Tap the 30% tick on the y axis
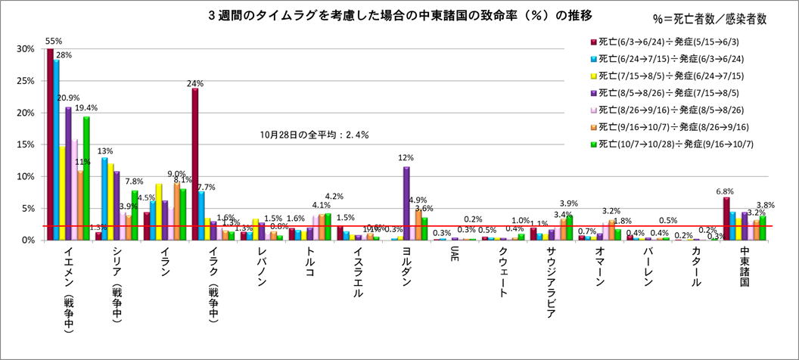point(25,49)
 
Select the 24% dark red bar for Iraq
point(195,163)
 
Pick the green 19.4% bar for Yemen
point(86,178)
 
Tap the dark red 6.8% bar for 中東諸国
point(726,218)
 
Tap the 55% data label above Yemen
point(54,41)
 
